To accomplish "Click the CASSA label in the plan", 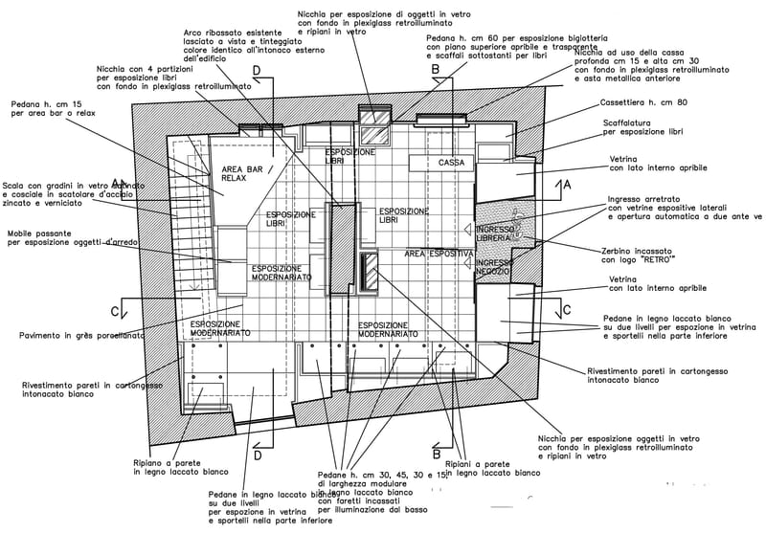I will [451, 163].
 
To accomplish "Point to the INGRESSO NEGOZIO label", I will [495, 267].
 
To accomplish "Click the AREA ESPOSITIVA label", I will [439, 254].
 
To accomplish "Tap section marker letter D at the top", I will [256, 71].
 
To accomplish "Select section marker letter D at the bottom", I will [257, 455].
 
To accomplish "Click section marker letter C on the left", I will [115, 311].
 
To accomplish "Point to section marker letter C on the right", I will [567, 309].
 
